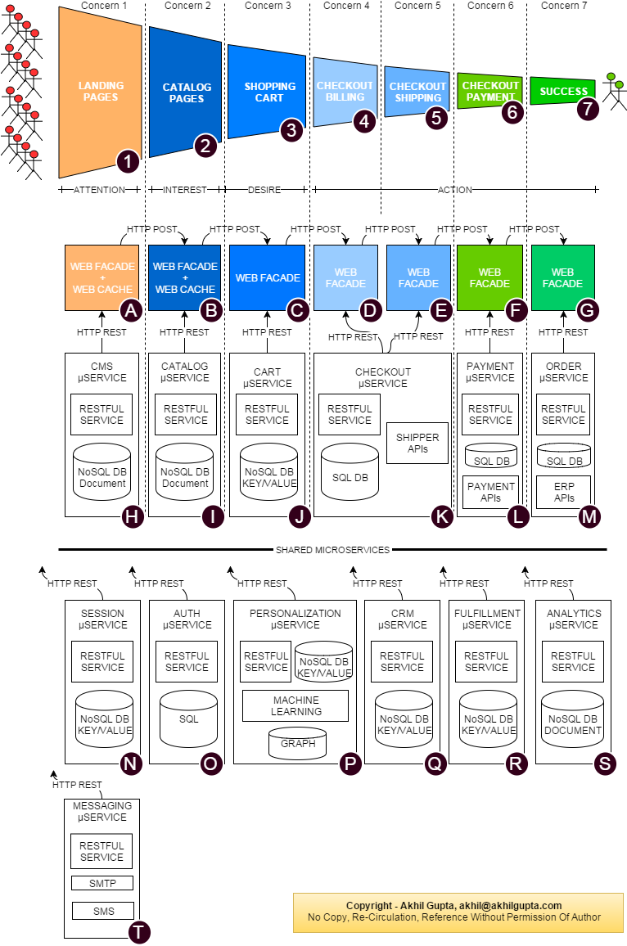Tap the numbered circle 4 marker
(364, 122)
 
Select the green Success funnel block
(563, 91)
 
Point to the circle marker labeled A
(131, 310)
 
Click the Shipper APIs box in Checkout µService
(417, 443)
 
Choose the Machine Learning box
(295, 705)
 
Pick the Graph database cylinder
(297, 743)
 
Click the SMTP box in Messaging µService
(102, 883)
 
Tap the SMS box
(102, 911)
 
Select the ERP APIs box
(563, 492)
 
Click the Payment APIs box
(490, 492)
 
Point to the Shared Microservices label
(332, 550)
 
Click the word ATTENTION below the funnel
(99, 190)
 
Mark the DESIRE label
(264, 190)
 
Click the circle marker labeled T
(140, 932)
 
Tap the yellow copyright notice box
(453, 912)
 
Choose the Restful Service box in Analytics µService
(573, 661)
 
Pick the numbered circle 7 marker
(588, 109)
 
